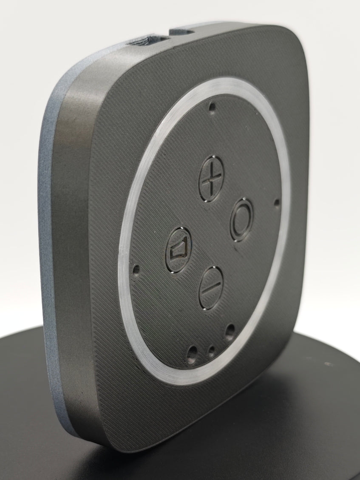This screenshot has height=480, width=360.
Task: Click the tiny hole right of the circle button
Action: [277, 203]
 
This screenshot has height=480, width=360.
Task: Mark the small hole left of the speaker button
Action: [136, 269]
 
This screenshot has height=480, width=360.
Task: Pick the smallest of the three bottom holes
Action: [211, 350]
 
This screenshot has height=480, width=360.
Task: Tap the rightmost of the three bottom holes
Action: [230, 330]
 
